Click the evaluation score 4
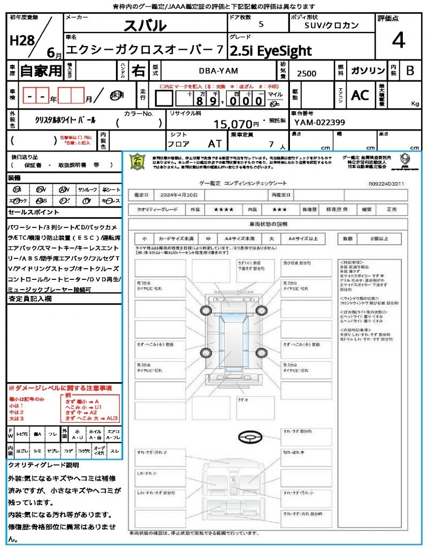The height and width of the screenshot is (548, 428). (x=398, y=41)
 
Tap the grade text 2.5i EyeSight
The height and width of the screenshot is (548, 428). (x=270, y=51)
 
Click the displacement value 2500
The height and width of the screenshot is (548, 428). (x=307, y=74)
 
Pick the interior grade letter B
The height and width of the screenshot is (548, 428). (x=410, y=71)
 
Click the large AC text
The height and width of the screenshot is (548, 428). (x=360, y=95)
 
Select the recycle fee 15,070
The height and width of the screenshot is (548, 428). (x=233, y=124)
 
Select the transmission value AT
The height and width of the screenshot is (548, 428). (x=215, y=144)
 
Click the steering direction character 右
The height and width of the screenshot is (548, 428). (x=139, y=71)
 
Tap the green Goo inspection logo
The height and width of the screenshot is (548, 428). (x=137, y=161)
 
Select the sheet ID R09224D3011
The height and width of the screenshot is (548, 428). (x=386, y=183)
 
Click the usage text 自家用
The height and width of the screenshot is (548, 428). (x=41, y=71)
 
